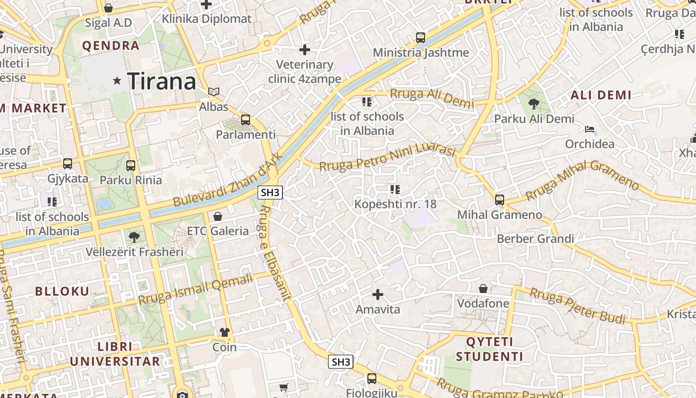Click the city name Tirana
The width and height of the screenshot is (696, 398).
tap(162, 81)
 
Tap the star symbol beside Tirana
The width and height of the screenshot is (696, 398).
tap(117, 80)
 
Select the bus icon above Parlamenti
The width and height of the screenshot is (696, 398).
tap(245, 120)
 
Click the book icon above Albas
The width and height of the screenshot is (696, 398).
tap(214, 92)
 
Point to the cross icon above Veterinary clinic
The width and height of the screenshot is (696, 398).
tap(305, 50)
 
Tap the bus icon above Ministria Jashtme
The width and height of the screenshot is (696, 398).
tap(421, 38)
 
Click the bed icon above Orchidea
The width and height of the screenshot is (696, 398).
tap(590, 129)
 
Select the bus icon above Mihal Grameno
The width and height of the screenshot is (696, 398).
tap(500, 200)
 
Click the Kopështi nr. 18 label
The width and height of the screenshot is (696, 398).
tap(395, 203)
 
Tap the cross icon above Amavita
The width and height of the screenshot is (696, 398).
tap(378, 295)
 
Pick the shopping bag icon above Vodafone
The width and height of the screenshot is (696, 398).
tap(483, 289)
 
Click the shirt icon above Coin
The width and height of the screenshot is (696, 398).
tap(225, 332)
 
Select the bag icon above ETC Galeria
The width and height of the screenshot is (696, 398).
tap(217, 216)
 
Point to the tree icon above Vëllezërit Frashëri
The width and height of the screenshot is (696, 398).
tap(134, 237)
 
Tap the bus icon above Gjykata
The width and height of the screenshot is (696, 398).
tap(68, 164)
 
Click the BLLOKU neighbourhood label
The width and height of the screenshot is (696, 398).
tap(62, 292)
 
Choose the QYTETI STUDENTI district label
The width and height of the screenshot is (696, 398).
tap(490, 349)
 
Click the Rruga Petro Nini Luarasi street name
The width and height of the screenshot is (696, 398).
tap(387, 156)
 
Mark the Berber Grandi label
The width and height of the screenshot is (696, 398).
tap(535, 239)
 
